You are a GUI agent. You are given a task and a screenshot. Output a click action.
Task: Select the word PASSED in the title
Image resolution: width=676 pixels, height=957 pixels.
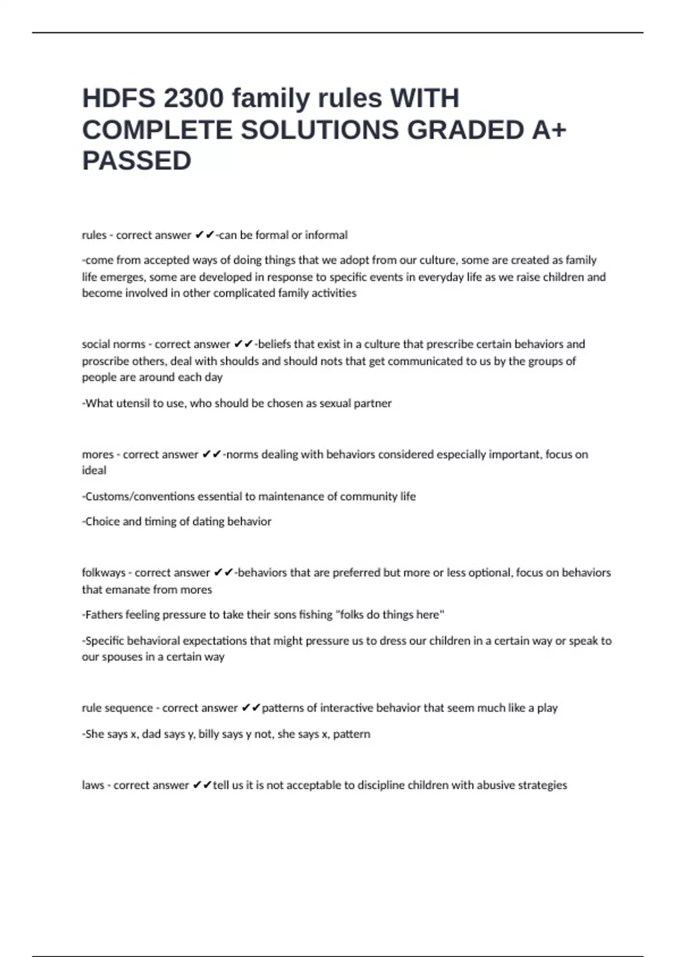click(x=137, y=161)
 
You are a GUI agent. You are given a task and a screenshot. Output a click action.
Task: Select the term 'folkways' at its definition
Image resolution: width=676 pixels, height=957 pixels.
click(x=104, y=573)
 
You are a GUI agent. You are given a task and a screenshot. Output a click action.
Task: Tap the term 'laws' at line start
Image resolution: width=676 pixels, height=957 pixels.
click(x=93, y=785)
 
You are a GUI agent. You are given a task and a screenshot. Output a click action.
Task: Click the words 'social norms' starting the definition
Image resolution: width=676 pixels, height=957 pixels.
click(x=113, y=344)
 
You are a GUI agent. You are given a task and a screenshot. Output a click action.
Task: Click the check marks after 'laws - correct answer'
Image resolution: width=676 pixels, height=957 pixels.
click(x=202, y=785)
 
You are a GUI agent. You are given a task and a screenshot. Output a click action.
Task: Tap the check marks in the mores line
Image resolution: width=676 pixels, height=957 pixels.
click(x=211, y=454)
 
